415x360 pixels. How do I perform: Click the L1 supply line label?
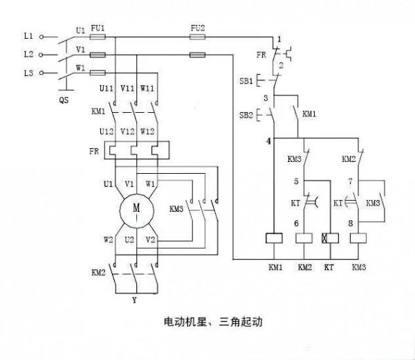(x=28, y=35)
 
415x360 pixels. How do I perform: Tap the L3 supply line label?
(x=28, y=73)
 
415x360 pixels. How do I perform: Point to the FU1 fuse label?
(x=98, y=28)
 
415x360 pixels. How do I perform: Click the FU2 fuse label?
(x=197, y=28)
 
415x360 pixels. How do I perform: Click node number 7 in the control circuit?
(x=351, y=182)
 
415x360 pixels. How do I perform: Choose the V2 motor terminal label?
(x=151, y=240)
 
